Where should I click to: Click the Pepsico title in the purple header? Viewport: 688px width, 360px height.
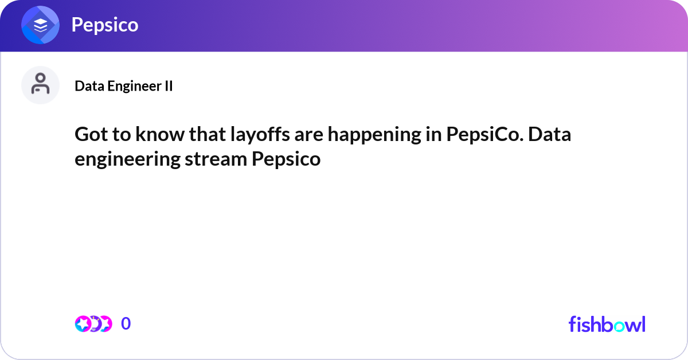click(x=104, y=25)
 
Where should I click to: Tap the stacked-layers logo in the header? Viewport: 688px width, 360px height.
click(x=40, y=25)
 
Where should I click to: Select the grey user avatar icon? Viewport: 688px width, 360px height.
click(x=40, y=85)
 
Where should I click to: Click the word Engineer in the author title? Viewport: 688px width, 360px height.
click(x=130, y=86)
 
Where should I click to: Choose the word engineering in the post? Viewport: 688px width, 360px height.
click(x=127, y=159)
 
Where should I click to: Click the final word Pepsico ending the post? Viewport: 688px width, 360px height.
click(x=286, y=159)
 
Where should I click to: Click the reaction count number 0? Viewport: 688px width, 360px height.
click(x=126, y=324)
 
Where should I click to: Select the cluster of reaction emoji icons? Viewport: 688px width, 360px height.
click(x=93, y=324)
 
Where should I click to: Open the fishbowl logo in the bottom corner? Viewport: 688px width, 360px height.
click(x=607, y=324)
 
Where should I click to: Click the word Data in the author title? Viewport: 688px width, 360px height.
click(x=88, y=86)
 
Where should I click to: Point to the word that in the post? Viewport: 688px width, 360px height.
click(x=195, y=135)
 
